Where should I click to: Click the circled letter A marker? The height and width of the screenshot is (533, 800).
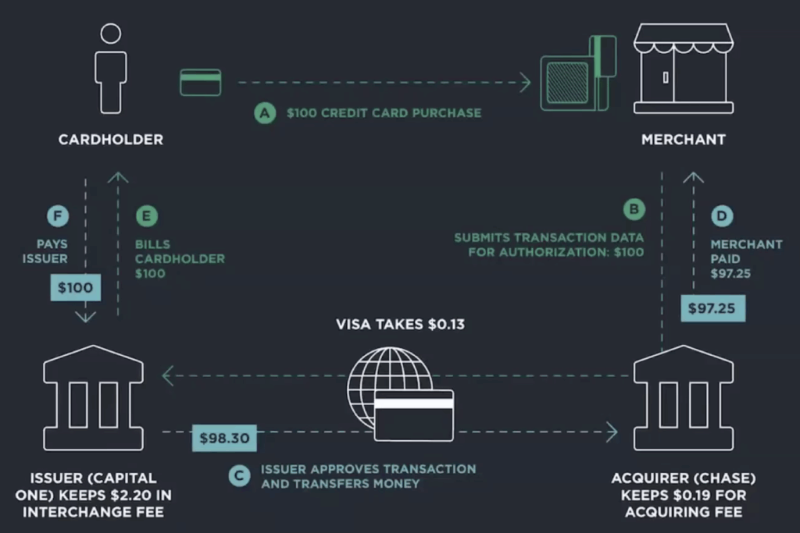point(266,113)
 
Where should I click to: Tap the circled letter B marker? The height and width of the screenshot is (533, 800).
point(634,210)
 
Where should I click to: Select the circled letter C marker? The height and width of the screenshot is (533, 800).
point(240,476)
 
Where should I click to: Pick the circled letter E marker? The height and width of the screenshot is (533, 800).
point(146,216)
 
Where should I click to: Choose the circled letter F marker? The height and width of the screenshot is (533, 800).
point(57,216)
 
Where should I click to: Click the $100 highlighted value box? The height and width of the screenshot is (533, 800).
point(76,288)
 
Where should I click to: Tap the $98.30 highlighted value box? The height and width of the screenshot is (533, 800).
point(224,438)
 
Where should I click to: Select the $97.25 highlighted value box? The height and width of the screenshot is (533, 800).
point(712,307)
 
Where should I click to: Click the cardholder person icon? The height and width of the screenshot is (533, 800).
point(110,69)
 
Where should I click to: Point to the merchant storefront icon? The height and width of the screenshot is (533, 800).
point(683,68)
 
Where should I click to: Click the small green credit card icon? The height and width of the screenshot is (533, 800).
point(201,82)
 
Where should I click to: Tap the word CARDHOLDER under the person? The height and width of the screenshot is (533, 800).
point(111,140)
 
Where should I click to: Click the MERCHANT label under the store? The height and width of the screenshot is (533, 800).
point(683,140)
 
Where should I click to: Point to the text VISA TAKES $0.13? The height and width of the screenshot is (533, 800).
point(400,323)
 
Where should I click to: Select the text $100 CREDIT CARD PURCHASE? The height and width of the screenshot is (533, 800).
point(384,113)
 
